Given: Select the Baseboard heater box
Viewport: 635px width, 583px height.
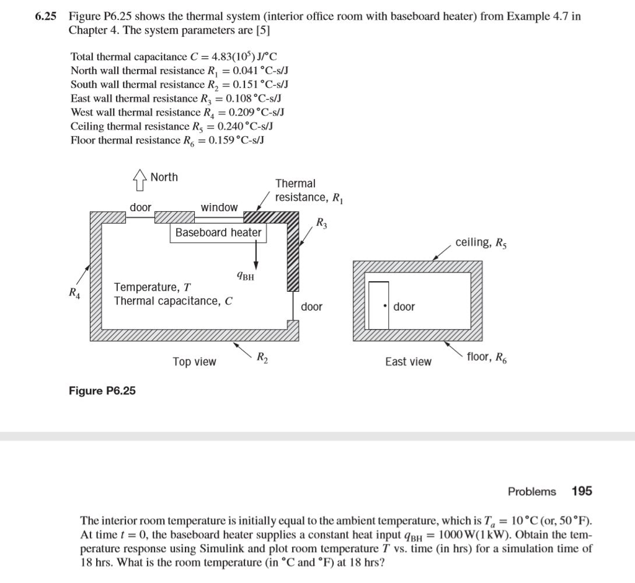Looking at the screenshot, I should (218, 233).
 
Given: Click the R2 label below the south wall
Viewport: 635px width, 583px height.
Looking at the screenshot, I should (263, 356).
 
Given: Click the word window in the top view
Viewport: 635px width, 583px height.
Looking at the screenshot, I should (219, 207).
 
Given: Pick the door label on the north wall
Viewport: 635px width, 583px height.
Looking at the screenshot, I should (140, 207).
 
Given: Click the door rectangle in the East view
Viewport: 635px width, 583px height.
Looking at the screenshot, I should (378, 305).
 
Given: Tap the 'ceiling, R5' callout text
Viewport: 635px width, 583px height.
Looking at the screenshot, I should (481, 242).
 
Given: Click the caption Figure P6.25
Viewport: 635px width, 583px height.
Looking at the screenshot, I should (103, 391).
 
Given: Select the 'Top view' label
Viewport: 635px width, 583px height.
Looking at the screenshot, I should (194, 361).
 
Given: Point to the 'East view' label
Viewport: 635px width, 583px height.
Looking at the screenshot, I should (408, 361).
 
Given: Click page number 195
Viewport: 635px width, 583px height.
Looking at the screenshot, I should (582, 491).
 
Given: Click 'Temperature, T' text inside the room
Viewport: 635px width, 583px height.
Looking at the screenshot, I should (153, 287).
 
